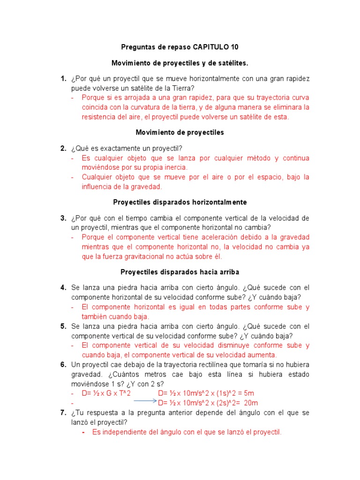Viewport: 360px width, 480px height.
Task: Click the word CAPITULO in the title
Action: [211, 47]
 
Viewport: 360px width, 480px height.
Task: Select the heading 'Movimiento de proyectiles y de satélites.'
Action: [180, 63]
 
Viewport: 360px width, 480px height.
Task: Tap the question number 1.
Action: [63, 79]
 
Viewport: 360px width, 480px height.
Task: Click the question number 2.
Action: [63, 149]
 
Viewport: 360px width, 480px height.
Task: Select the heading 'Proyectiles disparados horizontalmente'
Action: [180, 202]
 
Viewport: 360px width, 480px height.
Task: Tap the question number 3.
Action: [63, 218]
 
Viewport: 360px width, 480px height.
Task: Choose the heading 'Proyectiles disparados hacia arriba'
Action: [180, 272]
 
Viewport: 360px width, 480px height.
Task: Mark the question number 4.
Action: [63, 288]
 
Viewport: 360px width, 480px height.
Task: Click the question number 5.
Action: [63, 326]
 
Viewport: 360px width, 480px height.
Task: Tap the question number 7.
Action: [63, 412]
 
